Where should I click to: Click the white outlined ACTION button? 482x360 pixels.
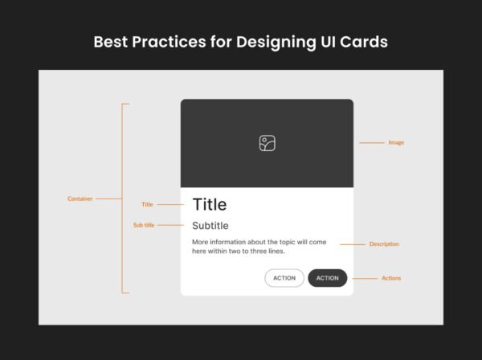[x=284, y=278]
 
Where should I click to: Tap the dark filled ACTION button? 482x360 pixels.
[x=327, y=278]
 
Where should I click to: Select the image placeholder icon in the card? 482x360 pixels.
[x=268, y=144]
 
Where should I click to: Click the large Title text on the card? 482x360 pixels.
[x=210, y=205]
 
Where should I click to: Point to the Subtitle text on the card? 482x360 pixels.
[x=210, y=226]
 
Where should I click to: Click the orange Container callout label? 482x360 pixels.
[x=80, y=198]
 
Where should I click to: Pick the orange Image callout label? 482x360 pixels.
[x=396, y=142]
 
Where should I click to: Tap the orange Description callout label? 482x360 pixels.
[x=384, y=243]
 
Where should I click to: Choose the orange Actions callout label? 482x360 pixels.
[x=391, y=278]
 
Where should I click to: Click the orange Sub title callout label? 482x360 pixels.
[x=144, y=226]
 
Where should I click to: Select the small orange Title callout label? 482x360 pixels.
[x=147, y=205]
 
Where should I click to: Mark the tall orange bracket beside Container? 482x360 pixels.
[x=123, y=198]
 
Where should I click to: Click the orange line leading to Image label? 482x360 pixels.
[x=371, y=142]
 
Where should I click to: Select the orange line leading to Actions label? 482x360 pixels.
[x=365, y=278]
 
